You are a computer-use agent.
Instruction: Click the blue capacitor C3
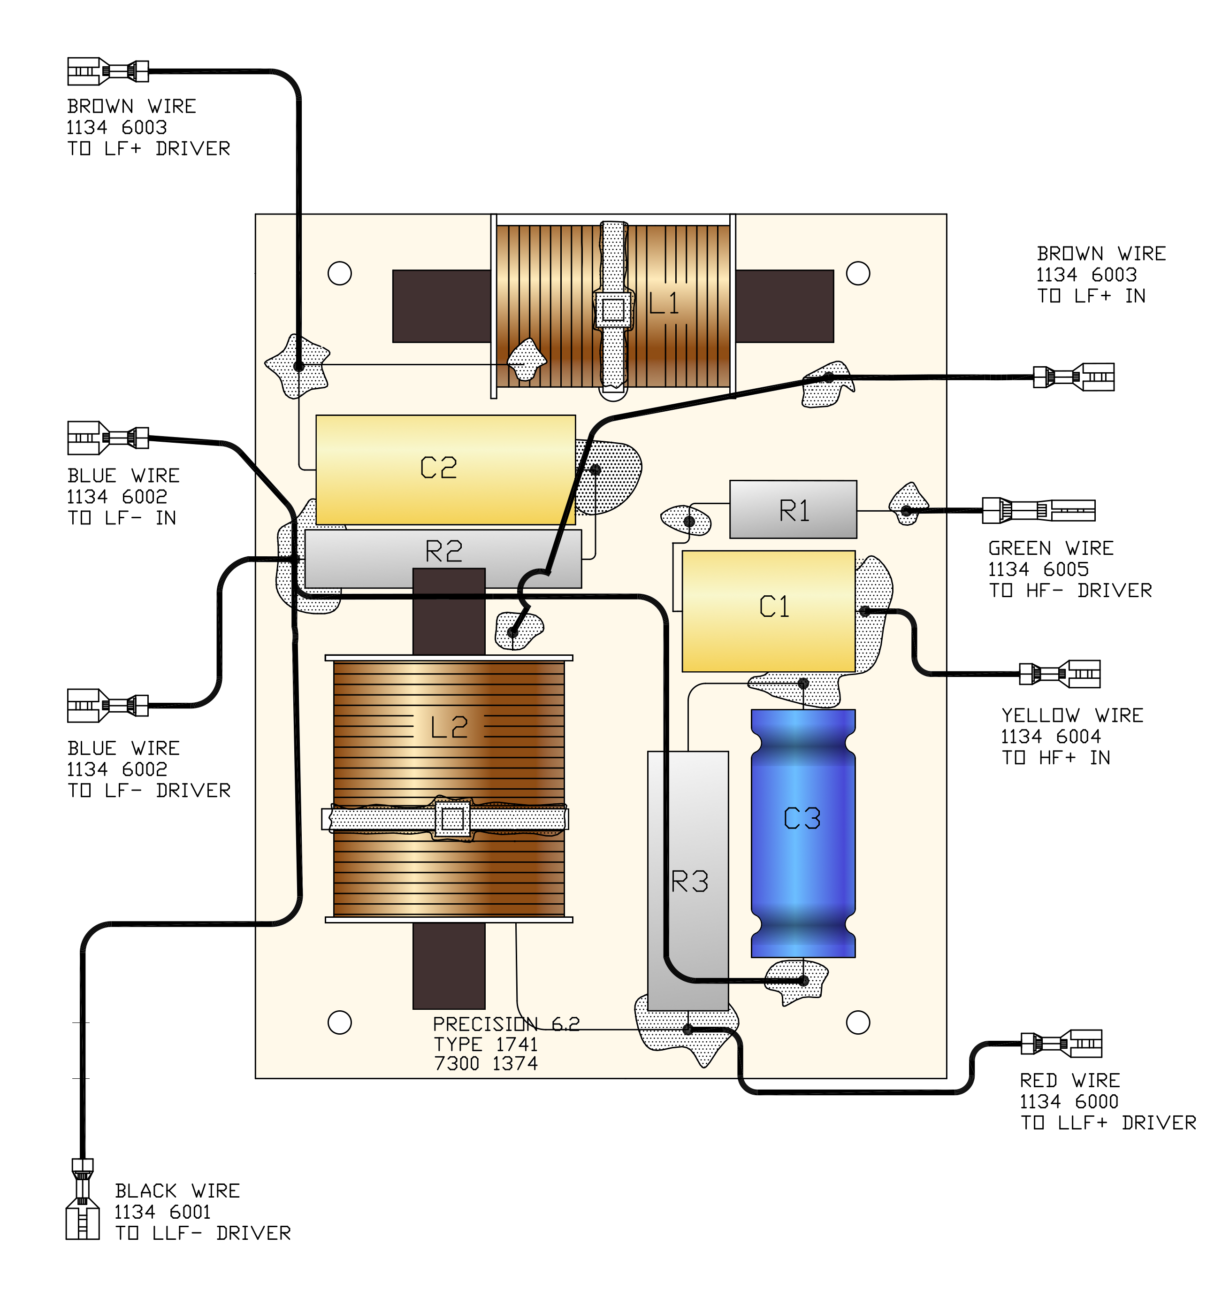pyautogui.click(x=803, y=833)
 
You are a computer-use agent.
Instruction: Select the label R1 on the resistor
pyautogui.click(x=794, y=511)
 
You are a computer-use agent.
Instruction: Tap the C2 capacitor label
pyautogui.click(x=438, y=468)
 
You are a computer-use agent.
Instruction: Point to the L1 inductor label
pyautogui.click(x=664, y=303)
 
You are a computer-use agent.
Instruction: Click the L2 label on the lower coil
pyautogui.click(x=450, y=727)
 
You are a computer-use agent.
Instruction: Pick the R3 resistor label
pyautogui.click(x=689, y=882)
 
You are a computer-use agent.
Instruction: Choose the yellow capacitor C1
pyautogui.click(x=769, y=611)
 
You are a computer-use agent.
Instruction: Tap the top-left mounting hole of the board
pyautogui.click(x=339, y=274)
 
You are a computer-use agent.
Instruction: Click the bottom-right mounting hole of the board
pyautogui.click(x=858, y=1022)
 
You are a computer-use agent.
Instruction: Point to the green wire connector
pyautogui.click(x=1039, y=510)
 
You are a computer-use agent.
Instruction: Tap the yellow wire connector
pyautogui.click(x=1060, y=674)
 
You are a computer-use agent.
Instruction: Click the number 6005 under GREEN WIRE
pyautogui.click(x=1066, y=569)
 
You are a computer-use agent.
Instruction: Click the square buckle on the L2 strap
pyautogui.click(x=452, y=819)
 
